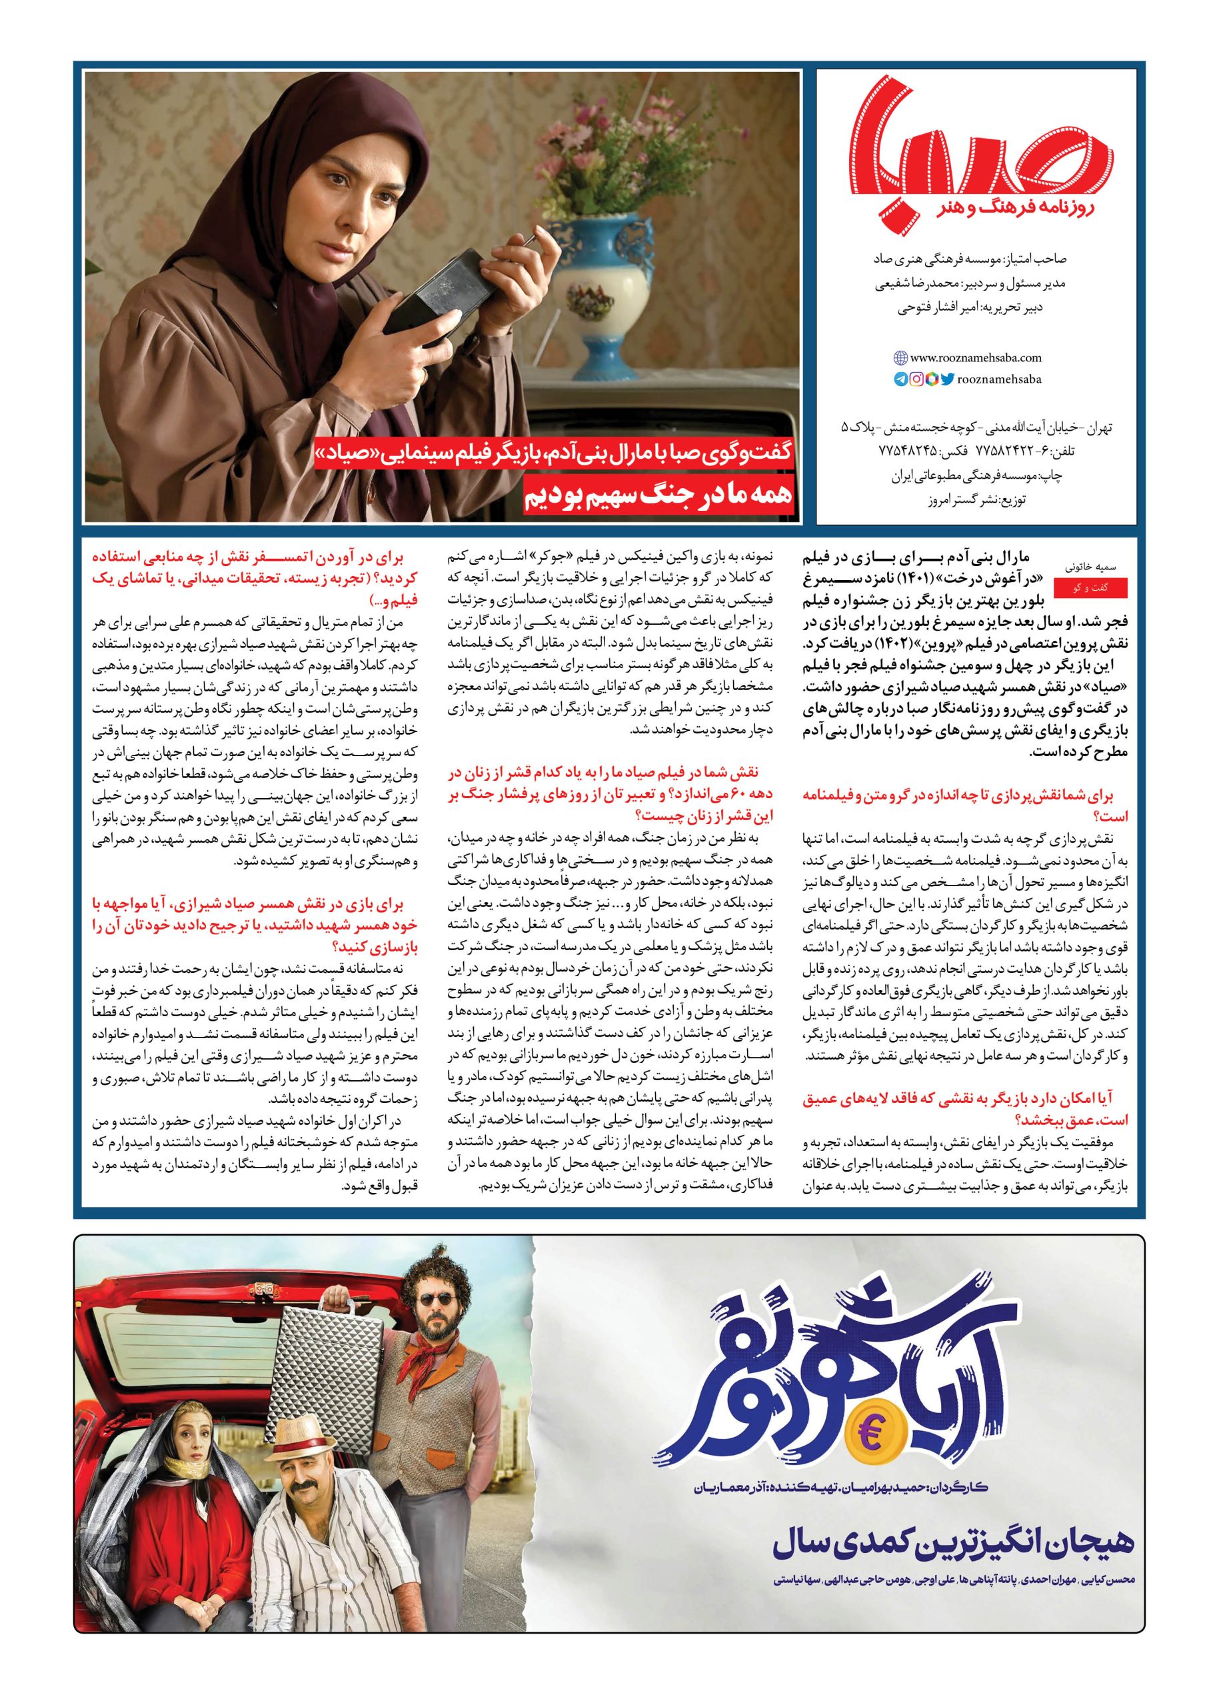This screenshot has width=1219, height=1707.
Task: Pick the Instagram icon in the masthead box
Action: (916, 380)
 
